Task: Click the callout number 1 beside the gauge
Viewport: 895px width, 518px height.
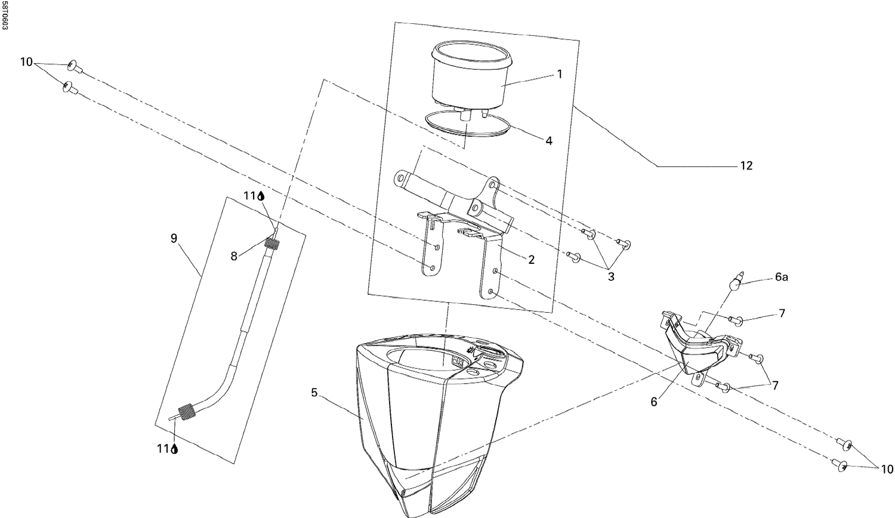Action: click(x=559, y=74)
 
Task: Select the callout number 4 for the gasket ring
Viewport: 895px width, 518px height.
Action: click(x=548, y=141)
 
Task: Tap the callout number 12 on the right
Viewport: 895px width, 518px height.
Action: click(x=746, y=165)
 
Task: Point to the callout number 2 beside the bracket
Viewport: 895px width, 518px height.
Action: click(x=531, y=260)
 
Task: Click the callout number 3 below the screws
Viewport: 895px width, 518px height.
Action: click(x=611, y=276)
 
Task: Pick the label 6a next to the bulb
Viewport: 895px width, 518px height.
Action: click(x=782, y=277)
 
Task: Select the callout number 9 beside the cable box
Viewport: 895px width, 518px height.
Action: click(x=174, y=239)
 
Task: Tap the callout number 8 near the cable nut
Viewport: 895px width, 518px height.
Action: click(x=234, y=256)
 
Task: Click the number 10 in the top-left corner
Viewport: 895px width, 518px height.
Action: click(x=26, y=61)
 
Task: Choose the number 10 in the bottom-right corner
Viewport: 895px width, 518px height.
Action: click(x=887, y=469)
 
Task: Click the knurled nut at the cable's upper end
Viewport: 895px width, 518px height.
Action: click(x=273, y=243)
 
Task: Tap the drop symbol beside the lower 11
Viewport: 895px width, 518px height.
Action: click(x=175, y=449)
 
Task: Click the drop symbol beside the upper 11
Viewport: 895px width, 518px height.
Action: click(x=261, y=196)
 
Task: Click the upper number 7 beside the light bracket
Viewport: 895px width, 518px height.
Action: click(x=781, y=313)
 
